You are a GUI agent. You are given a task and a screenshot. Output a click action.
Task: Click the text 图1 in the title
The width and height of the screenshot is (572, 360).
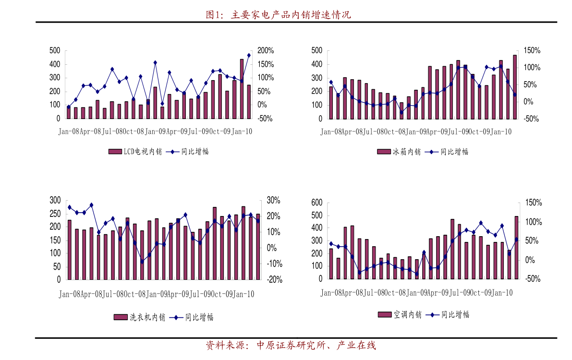click(x=214, y=15)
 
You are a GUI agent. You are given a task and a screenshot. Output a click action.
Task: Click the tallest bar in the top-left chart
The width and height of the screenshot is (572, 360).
click(x=242, y=89)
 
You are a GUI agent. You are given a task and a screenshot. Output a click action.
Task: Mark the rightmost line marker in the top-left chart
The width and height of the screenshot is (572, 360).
click(x=249, y=55)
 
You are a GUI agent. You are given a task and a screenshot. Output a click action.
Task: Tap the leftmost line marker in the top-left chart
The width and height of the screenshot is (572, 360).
click(x=69, y=107)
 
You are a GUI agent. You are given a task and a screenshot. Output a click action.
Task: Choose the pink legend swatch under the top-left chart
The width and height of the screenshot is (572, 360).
click(x=115, y=152)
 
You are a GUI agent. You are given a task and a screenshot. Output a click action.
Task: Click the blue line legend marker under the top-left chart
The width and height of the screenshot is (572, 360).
click(x=172, y=152)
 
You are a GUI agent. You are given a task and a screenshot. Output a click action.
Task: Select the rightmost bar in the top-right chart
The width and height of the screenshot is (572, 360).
click(x=515, y=87)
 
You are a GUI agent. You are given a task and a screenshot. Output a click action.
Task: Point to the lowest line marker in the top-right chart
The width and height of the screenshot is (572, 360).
click(x=402, y=112)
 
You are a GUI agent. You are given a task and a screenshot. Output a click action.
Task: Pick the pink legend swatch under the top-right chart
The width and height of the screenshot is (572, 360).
click(x=384, y=152)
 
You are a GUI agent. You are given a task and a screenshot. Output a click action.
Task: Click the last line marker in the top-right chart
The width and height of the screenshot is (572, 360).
click(x=515, y=95)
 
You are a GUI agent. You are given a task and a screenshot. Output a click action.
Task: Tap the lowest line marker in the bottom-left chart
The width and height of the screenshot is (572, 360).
click(x=142, y=262)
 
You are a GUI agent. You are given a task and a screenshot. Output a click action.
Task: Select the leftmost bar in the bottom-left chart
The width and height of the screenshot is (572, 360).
click(x=70, y=250)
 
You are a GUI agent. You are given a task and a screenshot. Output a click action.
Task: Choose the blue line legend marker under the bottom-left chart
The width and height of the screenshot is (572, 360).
click(x=176, y=317)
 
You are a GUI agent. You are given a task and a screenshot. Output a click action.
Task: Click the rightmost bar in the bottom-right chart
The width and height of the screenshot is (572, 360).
click(x=516, y=248)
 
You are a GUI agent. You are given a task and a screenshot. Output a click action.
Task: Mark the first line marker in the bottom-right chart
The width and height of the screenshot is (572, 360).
click(x=331, y=243)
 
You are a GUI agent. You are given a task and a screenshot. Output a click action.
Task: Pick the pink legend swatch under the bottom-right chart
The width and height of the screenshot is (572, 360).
click(x=385, y=314)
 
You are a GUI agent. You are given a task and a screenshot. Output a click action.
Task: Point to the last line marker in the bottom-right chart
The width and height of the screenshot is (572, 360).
click(x=516, y=239)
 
